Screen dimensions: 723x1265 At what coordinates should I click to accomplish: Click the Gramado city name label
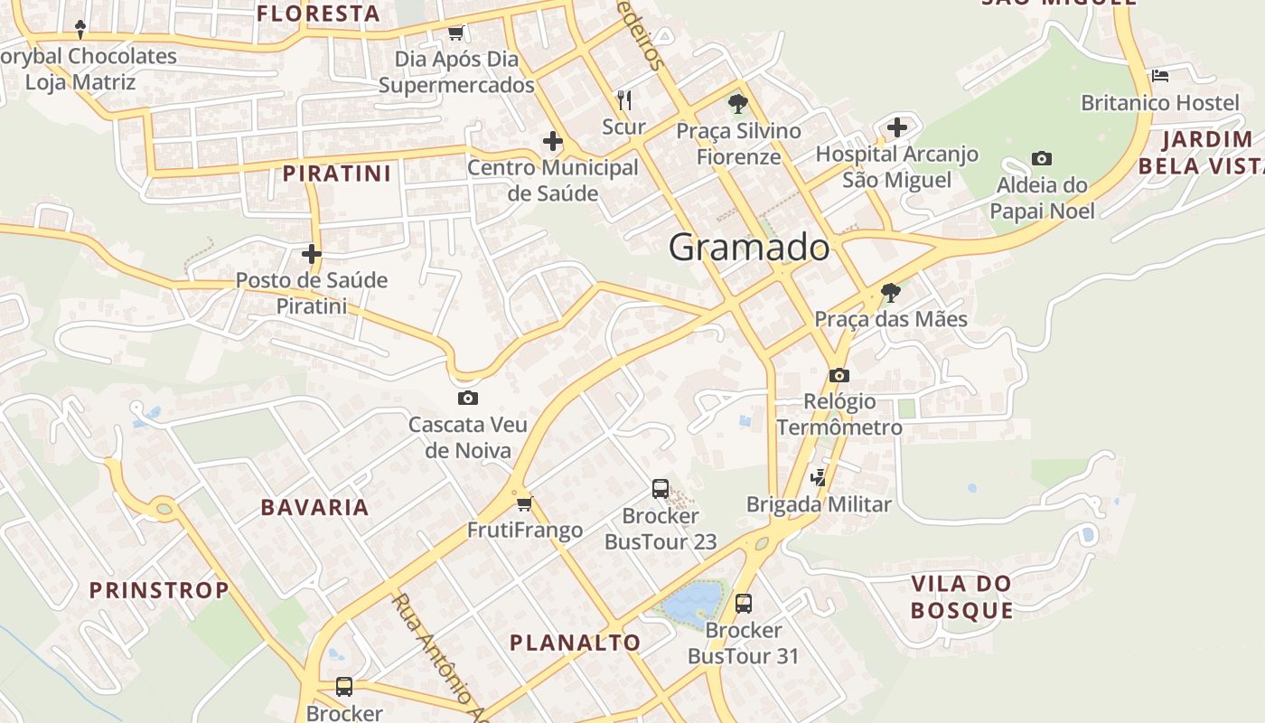[x=749, y=248]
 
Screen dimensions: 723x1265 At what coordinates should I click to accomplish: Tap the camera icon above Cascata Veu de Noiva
[x=467, y=398]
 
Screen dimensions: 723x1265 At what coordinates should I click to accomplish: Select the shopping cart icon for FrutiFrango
[x=524, y=503]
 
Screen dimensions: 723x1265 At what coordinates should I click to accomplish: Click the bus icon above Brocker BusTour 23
[x=661, y=489]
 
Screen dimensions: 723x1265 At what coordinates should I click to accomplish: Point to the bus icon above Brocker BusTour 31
[x=744, y=603]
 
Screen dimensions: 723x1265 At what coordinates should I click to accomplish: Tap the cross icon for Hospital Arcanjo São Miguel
[x=896, y=127]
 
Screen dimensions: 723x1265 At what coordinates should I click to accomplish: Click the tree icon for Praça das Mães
[x=890, y=292]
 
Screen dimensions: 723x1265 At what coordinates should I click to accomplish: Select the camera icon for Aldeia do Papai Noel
[x=1041, y=159]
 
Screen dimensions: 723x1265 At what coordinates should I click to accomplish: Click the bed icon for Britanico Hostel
[x=1160, y=76]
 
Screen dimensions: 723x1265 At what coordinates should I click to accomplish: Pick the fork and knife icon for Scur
[x=623, y=99]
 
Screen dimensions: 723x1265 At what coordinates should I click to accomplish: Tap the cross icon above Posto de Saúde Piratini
[x=312, y=254]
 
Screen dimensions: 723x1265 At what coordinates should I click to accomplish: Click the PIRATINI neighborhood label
[x=337, y=174]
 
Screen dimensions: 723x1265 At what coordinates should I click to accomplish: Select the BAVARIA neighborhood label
[x=315, y=507]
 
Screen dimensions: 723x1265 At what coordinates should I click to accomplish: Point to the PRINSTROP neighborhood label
[x=159, y=590]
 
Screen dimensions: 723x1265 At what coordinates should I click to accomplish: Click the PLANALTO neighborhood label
[x=576, y=643]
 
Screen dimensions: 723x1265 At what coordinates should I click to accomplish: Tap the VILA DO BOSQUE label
[x=961, y=596]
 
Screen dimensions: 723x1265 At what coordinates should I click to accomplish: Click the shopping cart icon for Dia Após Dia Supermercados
[x=456, y=33]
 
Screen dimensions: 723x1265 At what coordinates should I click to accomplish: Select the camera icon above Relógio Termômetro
[x=839, y=375]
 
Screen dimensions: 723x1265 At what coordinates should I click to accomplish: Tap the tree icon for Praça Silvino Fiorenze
[x=738, y=103]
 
